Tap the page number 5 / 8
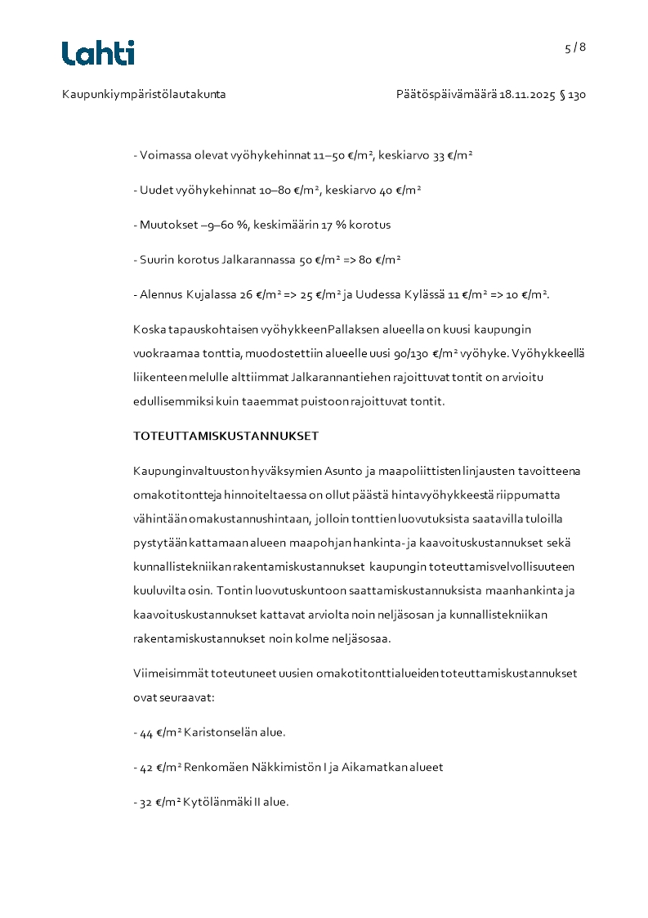point(575,47)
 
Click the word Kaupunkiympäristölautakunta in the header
point(144,95)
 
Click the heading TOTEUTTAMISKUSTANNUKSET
point(226,436)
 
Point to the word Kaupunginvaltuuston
point(183,472)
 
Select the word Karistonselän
point(221,732)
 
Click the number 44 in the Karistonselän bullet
point(146,733)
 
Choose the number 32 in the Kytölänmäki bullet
point(146,803)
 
